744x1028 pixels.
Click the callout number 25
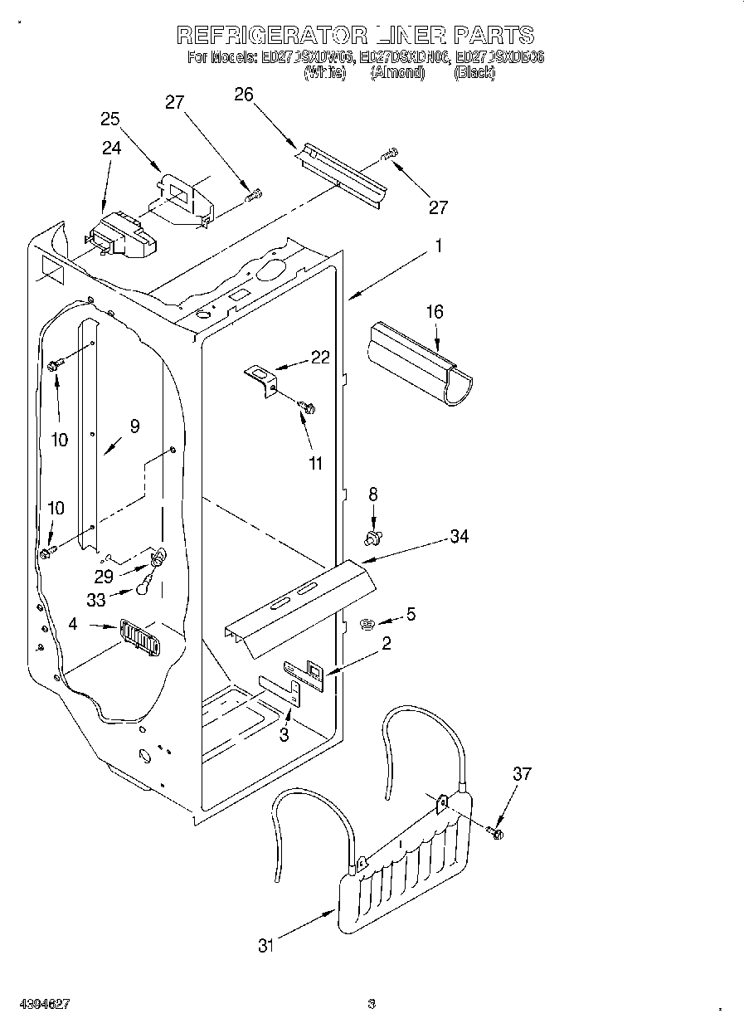[x=110, y=119]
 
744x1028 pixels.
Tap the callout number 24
[x=111, y=148]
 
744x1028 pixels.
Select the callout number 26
[x=243, y=94]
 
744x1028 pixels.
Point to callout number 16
[x=435, y=312]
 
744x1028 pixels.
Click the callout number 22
[x=320, y=358]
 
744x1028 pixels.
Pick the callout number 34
[x=459, y=537]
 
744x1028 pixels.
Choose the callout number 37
[x=521, y=774]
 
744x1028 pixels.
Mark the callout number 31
[x=265, y=945]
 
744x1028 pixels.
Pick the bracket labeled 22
[x=262, y=380]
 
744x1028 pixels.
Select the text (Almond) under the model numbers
[x=397, y=73]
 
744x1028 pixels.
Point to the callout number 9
[x=134, y=426]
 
